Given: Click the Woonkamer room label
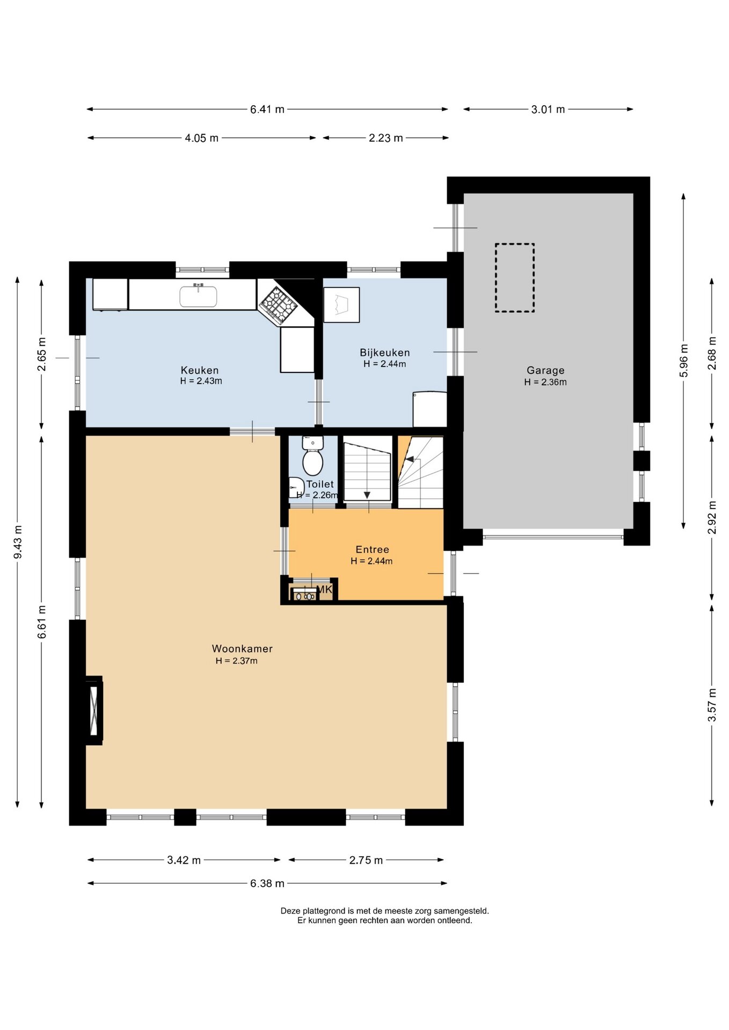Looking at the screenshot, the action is pyautogui.click(x=242, y=649).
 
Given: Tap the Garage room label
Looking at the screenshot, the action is pyautogui.click(x=545, y=370).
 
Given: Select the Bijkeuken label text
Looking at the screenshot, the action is pyautogui.click(x=385, y=352).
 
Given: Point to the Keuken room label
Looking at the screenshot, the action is pyautogui.click(x=200, y=370).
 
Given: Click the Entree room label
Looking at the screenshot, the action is pyautogui.click(x=372, y=549).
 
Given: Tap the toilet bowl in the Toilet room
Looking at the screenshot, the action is pyautogui.click(x=312, y=462).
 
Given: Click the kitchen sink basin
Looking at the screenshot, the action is pyautogui.click(x=198, y=296).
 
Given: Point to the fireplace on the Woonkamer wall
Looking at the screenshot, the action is pyautogui.click(x=94, y=710).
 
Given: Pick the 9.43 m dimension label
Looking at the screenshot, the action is pyautogui.click(x=18, y=541).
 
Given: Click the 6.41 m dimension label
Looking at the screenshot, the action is pyautogui.click(x=267, y=109).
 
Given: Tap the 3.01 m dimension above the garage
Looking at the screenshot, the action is pyautogui.click(x=548, y=109).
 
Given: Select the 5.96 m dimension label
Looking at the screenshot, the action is pyautogui.click(x=684, y=360).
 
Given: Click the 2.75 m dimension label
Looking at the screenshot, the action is pyautogui.click(x=366, y=860).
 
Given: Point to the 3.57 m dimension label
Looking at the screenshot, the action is pyautogui.click(x=712, y=704).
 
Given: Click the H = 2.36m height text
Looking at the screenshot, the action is pyautogui.click(x=545, y=382).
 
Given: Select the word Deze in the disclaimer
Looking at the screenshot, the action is pyautogui.click(x=290, y=911).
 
